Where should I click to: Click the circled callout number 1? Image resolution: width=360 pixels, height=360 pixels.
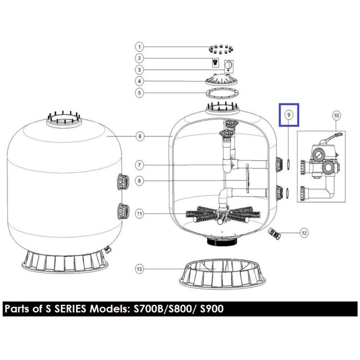(x=139, y=47)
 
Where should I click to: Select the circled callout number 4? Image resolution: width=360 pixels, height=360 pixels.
(x=139, y=81)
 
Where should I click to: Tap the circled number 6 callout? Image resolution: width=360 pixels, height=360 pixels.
(x=140, y=137)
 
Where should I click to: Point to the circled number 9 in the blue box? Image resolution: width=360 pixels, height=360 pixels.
(x=289, y=115)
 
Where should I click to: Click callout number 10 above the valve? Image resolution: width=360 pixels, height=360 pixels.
(x=336, y=115)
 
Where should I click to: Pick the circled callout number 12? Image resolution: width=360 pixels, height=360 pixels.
(x=304, y=233)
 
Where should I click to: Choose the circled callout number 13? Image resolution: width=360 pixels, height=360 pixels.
(x=139, y=269)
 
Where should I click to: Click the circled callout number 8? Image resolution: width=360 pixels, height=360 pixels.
(x=139, y=181)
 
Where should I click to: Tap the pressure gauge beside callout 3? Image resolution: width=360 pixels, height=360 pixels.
(x=229, y=66)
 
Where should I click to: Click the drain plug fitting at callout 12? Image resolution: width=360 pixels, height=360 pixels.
(x=274, y=233)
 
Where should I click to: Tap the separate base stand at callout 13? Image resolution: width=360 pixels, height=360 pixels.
(x=222, y=274)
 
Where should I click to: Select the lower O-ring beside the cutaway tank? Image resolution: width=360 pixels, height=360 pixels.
(x=287, y=193)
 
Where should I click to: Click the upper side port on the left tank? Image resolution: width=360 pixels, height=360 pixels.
(x=123, y=182)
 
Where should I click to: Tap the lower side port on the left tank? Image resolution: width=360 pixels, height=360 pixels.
(x=123, y=211)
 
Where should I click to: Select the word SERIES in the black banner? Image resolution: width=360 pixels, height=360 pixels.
(x=70, y=309)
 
